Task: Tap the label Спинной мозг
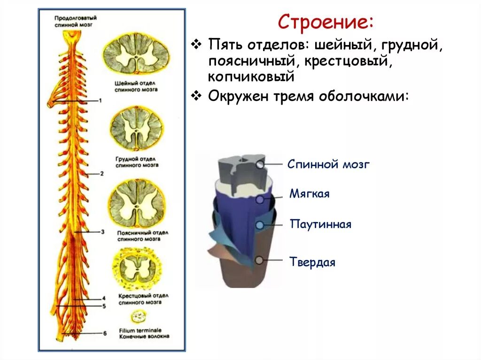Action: [329, 164]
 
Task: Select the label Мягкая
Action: [310, 193]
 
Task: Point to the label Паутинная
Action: [320, 224]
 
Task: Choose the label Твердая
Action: [312, 262]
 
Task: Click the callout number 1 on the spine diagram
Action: [100, 100]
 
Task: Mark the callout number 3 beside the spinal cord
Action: [103, 231]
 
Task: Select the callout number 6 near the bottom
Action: [105, 333]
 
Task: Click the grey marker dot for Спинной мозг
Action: [260, 165]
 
